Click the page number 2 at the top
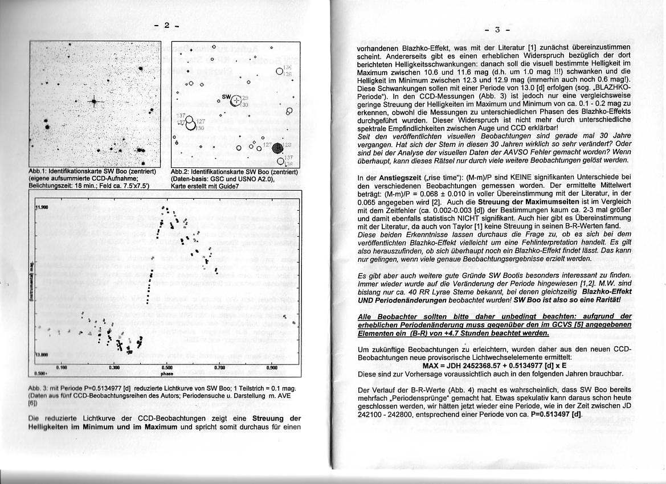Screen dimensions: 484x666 click(x=166, y=25)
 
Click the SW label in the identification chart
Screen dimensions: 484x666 click(x=226, y=97)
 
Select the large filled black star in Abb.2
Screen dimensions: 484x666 click(x=277, y=149)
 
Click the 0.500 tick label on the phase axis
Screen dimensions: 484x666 click(x=167, y=368)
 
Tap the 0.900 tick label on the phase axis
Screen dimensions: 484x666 click(x=272, y=368)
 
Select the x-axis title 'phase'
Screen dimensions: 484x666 click(x=166, y=374)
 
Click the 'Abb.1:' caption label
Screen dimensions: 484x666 click(x=38, y=171)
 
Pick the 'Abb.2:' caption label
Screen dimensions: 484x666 click(x=181, y=171)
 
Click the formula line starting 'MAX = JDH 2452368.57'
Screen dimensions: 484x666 click(x=495, y=366)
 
